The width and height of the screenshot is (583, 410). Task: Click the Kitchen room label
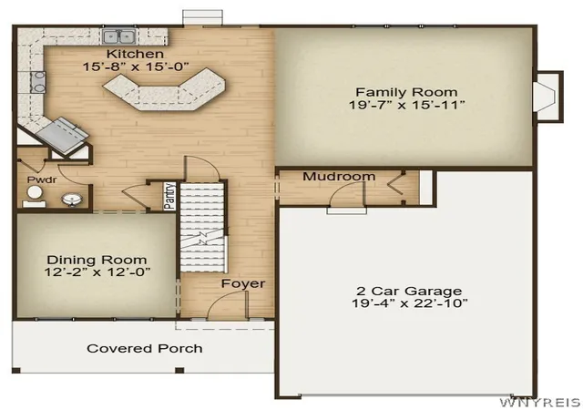pyautogui.click(x=135, y=54)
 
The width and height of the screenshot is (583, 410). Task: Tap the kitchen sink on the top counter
pyautogui.click(x=119, y=36)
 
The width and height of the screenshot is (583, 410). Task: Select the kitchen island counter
pyautogui.click(x=164, y=89)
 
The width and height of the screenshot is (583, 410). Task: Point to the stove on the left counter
pyautogui.click(x=38, y=82)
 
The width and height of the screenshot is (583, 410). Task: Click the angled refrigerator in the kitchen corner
pyautogui.click(x=62, y=135)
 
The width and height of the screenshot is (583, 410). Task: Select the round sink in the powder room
pyautogui.click(x=72, y=200)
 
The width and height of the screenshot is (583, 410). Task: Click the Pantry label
pyautogui.click(x=169, y=196)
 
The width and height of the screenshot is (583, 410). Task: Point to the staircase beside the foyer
pyautogui.click(x=202, y=227)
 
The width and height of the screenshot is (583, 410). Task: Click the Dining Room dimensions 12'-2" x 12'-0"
pyautogui.click(x=97, y=272)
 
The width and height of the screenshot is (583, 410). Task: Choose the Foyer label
pyautogui.click(x=243, y=283)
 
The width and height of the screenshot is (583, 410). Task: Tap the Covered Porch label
pyautogui.click(x=145, y=349)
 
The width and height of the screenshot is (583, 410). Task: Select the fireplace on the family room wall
pyautogui.click(x=548, y=96)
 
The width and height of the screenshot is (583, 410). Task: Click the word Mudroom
pyautogui.click(x=339, y=177)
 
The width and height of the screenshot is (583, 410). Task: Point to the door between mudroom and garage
pyautogui.click(x=346, y=197)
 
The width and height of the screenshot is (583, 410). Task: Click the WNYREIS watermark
pyautogui.click(x=540, y=403)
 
